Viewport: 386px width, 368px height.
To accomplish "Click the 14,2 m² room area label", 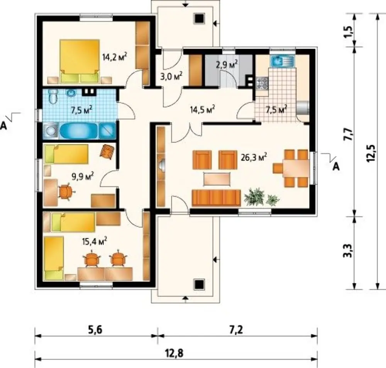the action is click(x=115, y=57).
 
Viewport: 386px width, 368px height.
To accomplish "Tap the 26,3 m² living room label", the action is click(x=254, y=157).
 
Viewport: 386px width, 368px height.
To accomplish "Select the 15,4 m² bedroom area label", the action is click(x=95, y=241).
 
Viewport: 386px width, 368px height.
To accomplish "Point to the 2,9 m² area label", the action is click(x=227, y=64).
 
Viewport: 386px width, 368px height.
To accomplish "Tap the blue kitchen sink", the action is click(x=283, y=61).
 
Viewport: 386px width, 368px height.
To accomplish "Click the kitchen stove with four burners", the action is click(x=262, y=83).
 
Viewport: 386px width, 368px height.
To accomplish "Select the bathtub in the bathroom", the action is click(x=79, y=131).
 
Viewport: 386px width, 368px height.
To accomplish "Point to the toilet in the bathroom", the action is click(x=53, y=96).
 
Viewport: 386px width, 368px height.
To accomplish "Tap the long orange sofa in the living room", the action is click(x=216, y=198).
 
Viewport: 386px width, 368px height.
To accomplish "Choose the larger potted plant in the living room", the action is click(x=254, y=196).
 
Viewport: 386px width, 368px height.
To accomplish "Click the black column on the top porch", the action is click(x=199, y=19).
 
